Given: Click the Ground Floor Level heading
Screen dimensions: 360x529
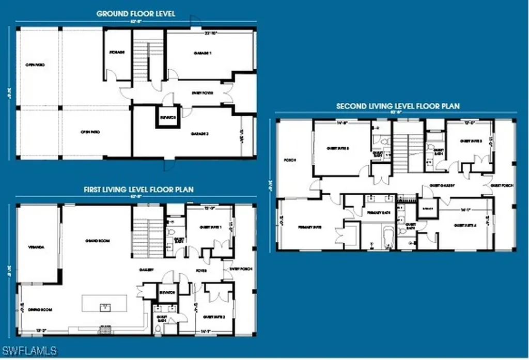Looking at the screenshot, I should tap(136, 14).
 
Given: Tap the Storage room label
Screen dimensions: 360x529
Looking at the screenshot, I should tap(117, 52).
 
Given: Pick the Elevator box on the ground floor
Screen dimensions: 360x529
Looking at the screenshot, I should tap(168, 117).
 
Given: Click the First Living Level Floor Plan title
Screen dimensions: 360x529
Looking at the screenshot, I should tap(138, 190).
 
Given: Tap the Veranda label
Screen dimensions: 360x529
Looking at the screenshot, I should tap(36, 247).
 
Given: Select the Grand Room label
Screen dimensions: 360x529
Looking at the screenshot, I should tap(100, 241).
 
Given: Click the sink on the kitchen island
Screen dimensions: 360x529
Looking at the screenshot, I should tap(105, 307).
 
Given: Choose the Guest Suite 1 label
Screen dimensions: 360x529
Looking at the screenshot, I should tap(211, 227).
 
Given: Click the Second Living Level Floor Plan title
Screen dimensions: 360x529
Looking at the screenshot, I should tap(398, 106).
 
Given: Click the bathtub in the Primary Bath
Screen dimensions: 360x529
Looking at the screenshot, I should tap(387, 238).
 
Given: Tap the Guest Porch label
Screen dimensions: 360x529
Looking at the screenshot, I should tap(502, 184).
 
